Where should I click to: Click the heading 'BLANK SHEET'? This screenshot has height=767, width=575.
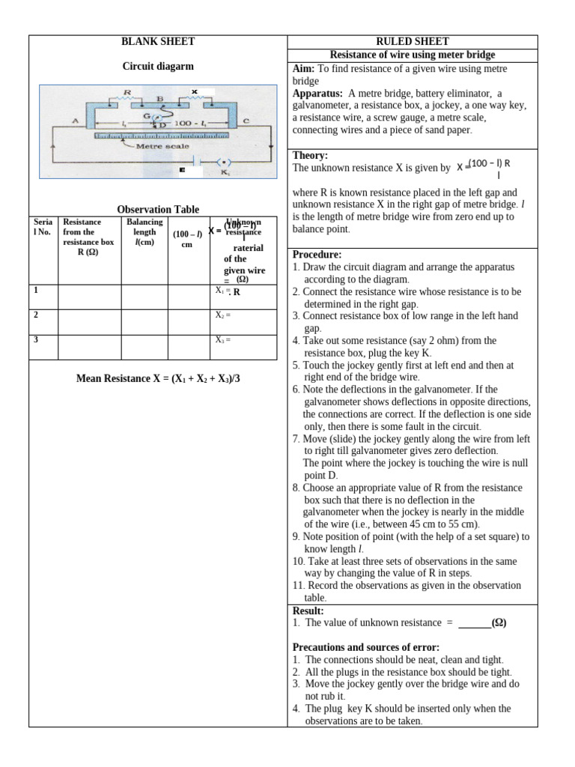point(158,42)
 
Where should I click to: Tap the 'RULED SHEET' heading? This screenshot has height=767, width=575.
point(413,42)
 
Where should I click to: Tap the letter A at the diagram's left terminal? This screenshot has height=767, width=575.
point(76,120)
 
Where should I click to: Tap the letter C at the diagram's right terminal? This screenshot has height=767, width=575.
point(246,121)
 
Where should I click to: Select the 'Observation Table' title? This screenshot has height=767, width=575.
point(158,210)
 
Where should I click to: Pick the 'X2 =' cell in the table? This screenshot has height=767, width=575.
point(223,315)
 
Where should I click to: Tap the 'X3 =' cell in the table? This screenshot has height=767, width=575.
point(223,340)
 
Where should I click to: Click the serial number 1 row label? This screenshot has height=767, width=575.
point(36,290)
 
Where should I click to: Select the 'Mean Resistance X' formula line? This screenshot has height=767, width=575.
point(158,379)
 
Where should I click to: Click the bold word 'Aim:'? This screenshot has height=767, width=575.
point(305,69)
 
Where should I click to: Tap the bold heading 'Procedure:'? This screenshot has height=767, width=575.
point(317,255)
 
